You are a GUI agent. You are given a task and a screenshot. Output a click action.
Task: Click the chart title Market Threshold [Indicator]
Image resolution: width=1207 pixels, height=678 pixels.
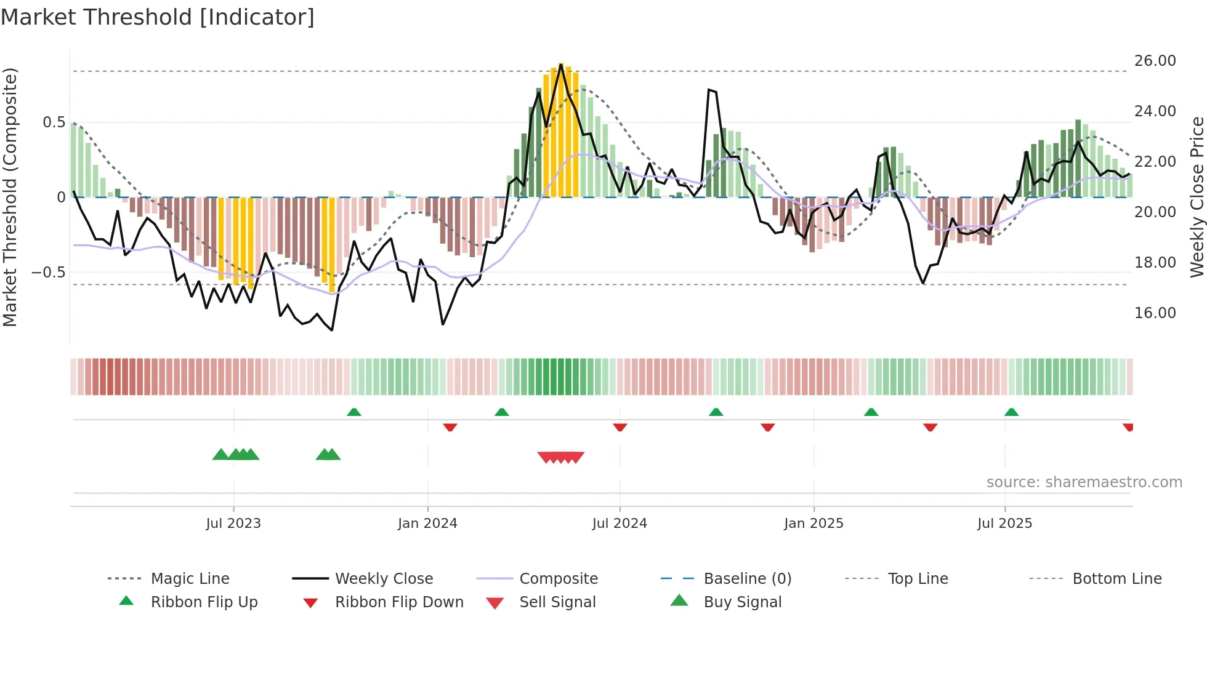158,17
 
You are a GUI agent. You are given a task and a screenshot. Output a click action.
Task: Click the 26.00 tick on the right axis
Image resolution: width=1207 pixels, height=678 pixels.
1155,61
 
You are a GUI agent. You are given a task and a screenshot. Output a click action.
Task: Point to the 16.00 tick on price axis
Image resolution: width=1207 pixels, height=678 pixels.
1155,313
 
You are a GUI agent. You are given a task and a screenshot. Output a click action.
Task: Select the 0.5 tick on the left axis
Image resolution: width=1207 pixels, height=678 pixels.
54,122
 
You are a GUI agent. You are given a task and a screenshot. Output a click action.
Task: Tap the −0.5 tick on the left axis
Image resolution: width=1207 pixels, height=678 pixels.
49,273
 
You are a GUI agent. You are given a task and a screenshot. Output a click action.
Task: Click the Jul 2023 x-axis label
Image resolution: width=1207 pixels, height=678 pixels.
233,524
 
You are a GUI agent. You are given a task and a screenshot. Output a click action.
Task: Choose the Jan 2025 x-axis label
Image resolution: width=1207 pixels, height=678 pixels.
813,524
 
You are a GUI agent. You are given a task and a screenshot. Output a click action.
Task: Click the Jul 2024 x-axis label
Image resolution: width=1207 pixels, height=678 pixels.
620,524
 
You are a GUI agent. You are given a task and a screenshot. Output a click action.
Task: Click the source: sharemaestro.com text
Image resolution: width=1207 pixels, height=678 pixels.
1084,482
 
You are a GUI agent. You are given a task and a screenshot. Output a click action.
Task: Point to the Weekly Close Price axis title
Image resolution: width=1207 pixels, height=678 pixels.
1197,197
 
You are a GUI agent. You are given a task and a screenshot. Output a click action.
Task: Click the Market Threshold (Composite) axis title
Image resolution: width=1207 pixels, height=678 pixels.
10,197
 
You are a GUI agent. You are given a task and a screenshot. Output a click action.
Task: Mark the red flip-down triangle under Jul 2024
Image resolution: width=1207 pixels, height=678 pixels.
620,427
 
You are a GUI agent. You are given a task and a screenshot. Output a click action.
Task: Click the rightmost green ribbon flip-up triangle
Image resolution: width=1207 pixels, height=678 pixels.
1011,412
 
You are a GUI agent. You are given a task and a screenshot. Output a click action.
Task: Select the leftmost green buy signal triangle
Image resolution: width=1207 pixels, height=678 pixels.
220,455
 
